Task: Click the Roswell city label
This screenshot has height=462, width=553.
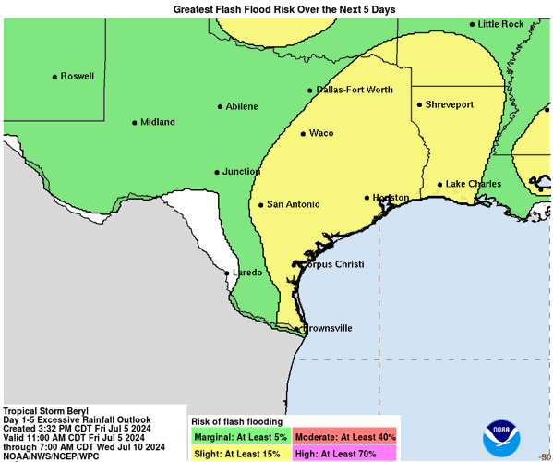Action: [x=78, y=77]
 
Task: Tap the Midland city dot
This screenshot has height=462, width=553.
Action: [x=135, y=122]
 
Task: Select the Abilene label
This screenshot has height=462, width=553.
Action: [x=242, y=106]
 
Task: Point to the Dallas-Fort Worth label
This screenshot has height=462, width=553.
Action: [x=355, y=90]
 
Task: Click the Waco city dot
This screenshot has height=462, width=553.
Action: [x=303, y=134]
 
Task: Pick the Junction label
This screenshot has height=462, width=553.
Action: [x=241, y=172]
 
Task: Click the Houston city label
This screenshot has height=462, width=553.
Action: [x=391, y=198]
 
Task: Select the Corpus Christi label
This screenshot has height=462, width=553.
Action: [x=333, y=265]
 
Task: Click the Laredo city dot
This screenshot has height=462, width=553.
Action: [x=228, y=273]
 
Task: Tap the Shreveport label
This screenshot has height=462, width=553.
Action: [x=449, y=105]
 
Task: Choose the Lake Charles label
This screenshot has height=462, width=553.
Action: [x=474, y=184]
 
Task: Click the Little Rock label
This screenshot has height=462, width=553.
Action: [x=501, y=24]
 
